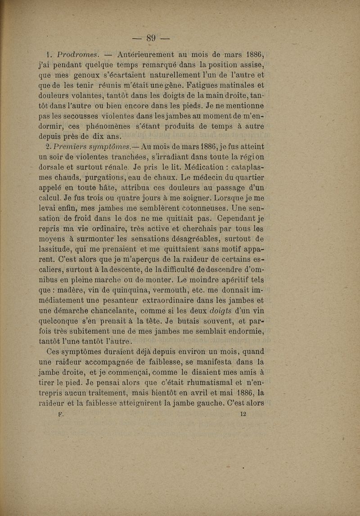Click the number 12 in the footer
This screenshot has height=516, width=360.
pos(243,414)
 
